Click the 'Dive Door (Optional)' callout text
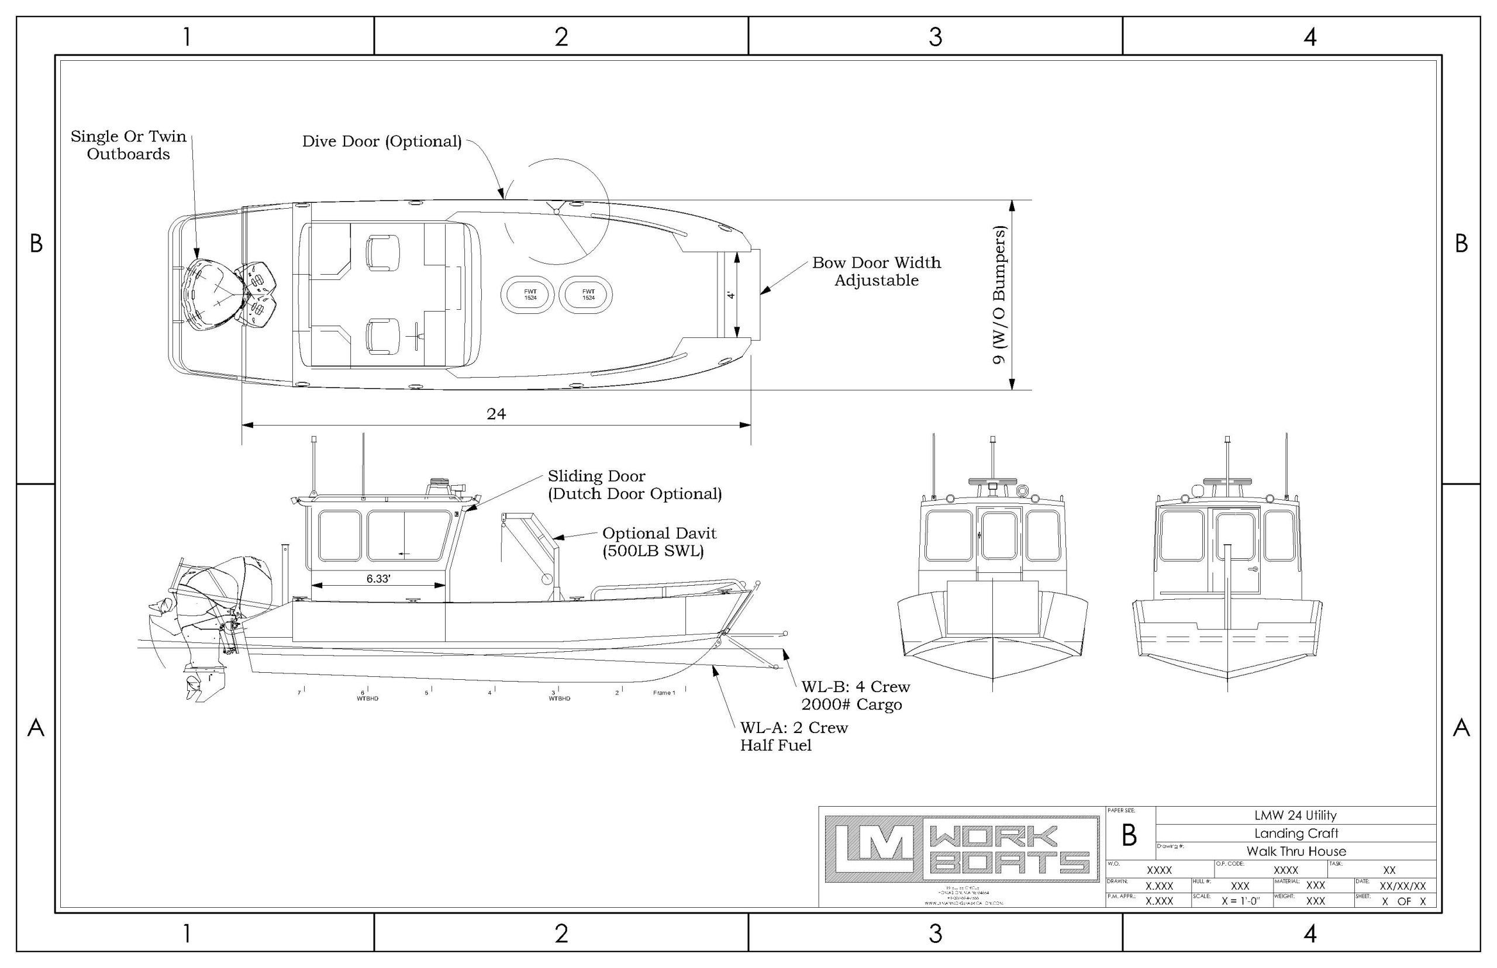coord(382,141)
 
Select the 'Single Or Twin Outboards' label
coord(128,145)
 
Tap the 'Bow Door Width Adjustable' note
coord(876,272)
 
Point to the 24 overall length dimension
coord(496,414)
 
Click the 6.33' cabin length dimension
coord(378,578)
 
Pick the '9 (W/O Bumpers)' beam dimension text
coord(998,295)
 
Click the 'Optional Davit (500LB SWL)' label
coord(659,542)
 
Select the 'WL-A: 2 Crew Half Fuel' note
coord(794,736)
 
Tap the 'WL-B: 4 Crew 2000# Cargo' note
coord(855,695)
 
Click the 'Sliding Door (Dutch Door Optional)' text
coord(634,485)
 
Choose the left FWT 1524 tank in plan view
coord(530,294)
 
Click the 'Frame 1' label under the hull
coord(664,693)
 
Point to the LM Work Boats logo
coord(962,849)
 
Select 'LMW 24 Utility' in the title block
coord(1295,815)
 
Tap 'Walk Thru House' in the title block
coord(1296,852)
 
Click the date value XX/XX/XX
coord(1402,886)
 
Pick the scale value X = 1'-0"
coord(1240,901)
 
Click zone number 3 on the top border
coord(935,37)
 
